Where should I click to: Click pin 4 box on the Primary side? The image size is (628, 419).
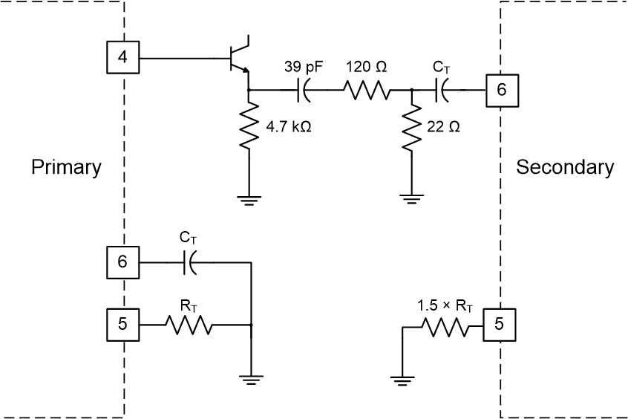123,57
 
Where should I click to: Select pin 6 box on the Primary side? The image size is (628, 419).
123,262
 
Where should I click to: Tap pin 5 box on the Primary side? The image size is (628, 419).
123,325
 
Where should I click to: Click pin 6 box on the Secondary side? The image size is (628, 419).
502,90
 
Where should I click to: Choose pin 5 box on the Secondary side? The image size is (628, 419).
499,325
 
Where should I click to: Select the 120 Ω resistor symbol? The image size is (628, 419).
366,90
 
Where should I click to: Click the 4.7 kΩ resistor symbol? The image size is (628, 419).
248,127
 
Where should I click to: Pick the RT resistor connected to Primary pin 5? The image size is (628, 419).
190,325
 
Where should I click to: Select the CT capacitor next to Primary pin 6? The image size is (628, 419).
189,262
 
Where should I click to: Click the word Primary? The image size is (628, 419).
66,167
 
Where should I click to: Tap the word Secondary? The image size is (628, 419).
565,167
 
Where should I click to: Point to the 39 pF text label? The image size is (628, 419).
303,67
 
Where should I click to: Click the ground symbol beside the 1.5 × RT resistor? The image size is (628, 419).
402,382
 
